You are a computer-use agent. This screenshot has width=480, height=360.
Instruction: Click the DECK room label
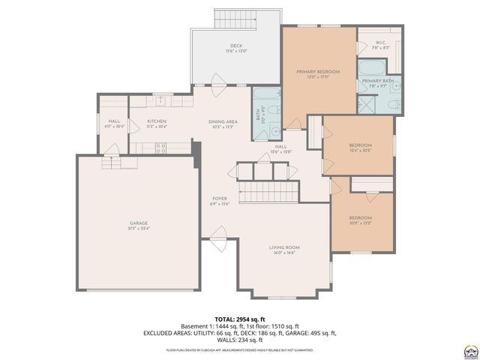point(235,46)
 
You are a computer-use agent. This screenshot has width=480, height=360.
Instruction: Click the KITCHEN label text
point(156,121)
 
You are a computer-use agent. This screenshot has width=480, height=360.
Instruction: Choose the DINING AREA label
point(223,121)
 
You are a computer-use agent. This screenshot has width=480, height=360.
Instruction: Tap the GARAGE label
point(139,223)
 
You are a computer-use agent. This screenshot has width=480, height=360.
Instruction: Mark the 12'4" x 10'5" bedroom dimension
point(360,150)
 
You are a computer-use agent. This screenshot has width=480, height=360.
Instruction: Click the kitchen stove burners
point(160,148)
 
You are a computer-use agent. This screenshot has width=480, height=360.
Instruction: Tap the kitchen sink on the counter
point(160,100)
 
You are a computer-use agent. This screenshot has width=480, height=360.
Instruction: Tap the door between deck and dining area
point(217,81)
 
